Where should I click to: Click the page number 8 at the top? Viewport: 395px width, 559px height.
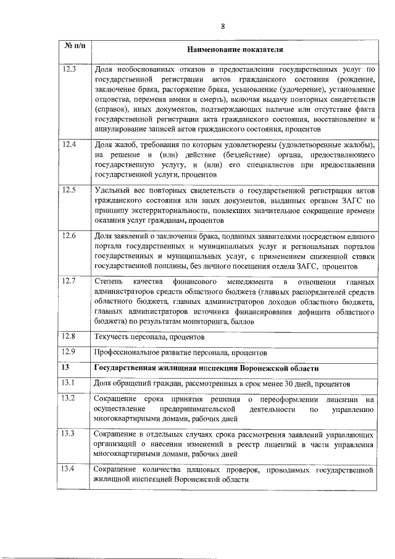223,25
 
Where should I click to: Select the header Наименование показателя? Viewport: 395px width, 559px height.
235,49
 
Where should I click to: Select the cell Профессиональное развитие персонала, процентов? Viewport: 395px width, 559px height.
180,353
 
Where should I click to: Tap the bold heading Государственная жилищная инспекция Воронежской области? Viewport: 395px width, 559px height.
206,369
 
